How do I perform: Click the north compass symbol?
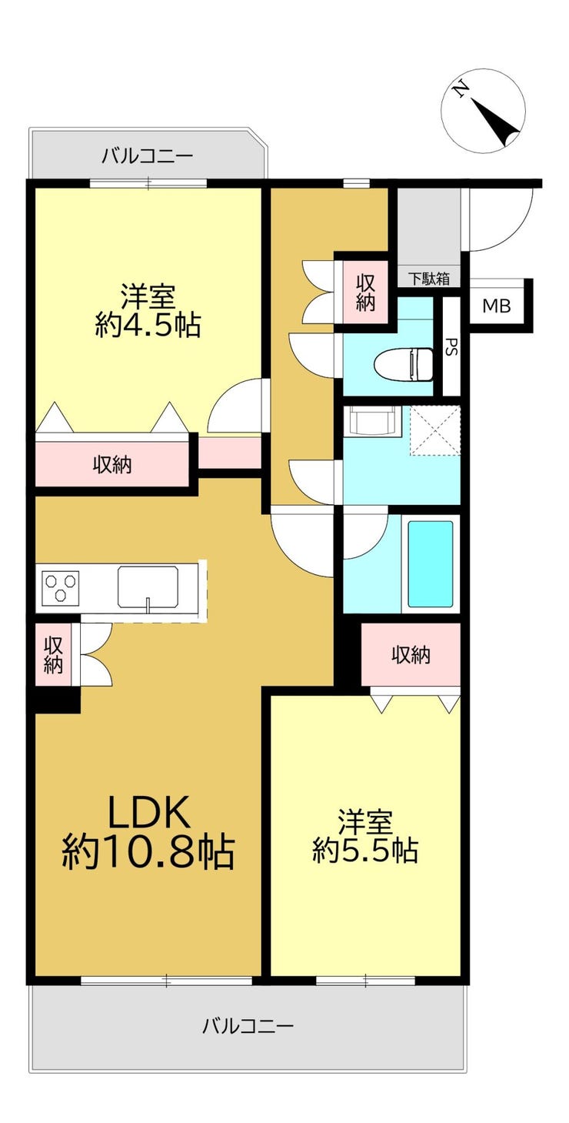tap(483, 110)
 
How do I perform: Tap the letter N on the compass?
tap(460, 90)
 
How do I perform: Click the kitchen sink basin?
tap(148, 586)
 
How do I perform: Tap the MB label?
tap(497, 306)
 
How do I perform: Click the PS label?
tap(451, 347)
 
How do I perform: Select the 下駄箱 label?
tap(429, 278)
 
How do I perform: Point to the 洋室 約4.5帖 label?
tap(148, 311)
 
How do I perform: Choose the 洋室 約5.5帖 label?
tap(365, 836)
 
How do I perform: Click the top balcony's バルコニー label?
tap(148, 156)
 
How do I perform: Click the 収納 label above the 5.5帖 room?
tap(411, 654)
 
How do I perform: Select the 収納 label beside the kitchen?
tap(52, 654)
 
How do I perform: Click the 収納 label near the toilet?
tap(365, 293)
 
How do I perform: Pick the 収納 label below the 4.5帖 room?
tap(112, 465)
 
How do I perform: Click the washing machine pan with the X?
tap(434, 431)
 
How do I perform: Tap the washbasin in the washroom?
tap(374, 420)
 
